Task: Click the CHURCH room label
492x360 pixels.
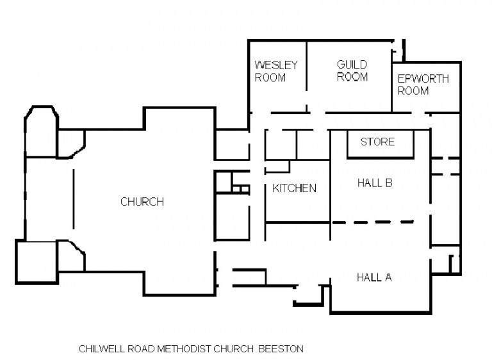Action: pyautogui.click(x=142, y=202)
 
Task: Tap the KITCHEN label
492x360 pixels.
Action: pyautogui.click(x=294, y=188)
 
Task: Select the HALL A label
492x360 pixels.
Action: pyautogui.click(x=373, y=277)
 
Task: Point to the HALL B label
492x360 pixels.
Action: pyautogui.click(x=374, y=183)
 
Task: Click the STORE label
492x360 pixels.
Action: pyautogui.click(x=377, y=142)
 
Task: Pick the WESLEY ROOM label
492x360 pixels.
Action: pyautogui.click(x=277, y=71)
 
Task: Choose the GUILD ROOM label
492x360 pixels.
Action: pyautogui.click(x=352, y=70)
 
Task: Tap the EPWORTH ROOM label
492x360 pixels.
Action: pyautogui.click(x=423, y=85)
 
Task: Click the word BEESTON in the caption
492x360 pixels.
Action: pyautogui.click(x=281, y=349)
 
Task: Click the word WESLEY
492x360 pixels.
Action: pyautogui.click(x=277, y=65)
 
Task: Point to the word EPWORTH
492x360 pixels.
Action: pyautogui.click(x=423, y=79)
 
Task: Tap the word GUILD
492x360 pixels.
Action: pyautogui.click(x=352, y=65)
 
